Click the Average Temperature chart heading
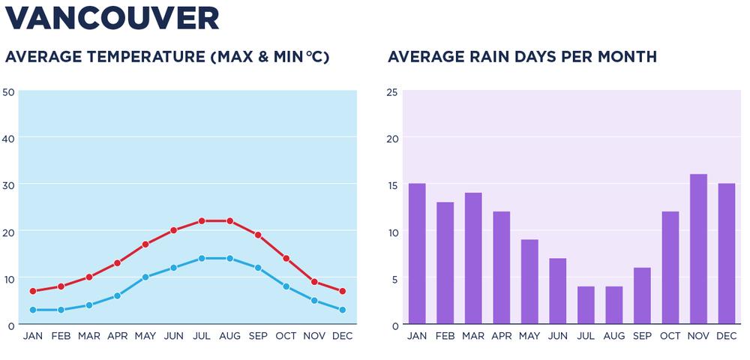click(x=167, y=57)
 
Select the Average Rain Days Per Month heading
click(x=522, y=57)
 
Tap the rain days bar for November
click(x=698, y=250)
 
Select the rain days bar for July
click(x=586, y=306)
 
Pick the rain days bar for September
click(x=642, y=296)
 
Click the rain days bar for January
click(x=417, y=254)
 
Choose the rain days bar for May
click(x=529, y=282)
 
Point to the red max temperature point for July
click(x=202, y=221)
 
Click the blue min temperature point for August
click(x=229, y=259)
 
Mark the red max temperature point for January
click(x=33, y=291)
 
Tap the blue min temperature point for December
click(x=342, y=310)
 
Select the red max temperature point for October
click(x=286, y=259)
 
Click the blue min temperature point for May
click(x=145, y=277)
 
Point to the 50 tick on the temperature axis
click(x=9, y=92)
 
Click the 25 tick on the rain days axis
click(x=391, y=92)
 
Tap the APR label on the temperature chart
click(x=117, y=336)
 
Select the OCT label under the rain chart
click(x=670, y=336)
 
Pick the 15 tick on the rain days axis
click(x=391, y=185)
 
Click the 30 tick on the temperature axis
click(x=9, y=185)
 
